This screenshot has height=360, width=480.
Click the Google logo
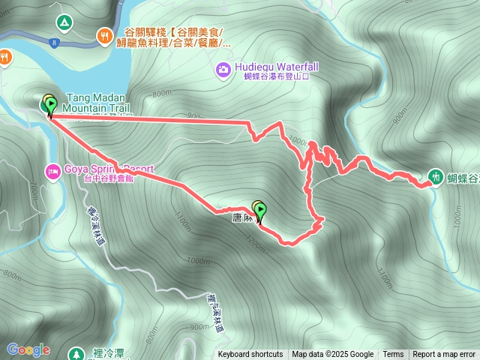click(28, 349)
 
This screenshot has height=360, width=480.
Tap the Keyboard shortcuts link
click(250, 355)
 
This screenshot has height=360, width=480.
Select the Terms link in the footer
click(393, 355)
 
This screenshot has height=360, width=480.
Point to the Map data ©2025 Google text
click(333, 355)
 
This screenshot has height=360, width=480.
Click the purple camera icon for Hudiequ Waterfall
click(223, 70)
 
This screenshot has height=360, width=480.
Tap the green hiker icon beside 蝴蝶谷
click(436, 177)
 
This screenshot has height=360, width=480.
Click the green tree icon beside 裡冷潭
click(76, 353)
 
